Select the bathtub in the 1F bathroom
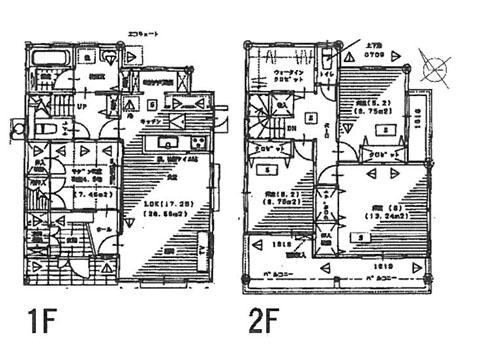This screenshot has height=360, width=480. [44, 67]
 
